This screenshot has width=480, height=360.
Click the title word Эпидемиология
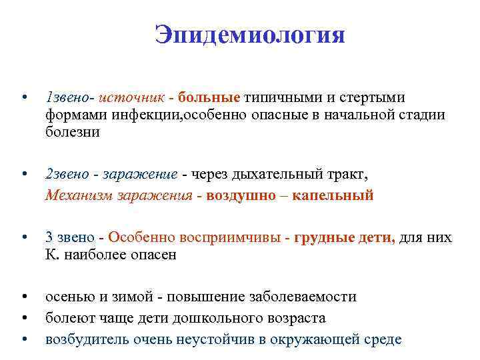click(250, 35)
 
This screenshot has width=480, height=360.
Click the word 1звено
click(69, 97)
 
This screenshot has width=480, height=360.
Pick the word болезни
click(73, 132)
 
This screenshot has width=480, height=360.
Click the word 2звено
click(69, 174)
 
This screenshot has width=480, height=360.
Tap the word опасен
click(154, 255)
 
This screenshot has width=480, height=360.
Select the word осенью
click(68, 297)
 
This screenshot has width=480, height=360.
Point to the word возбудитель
click(87, 339)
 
